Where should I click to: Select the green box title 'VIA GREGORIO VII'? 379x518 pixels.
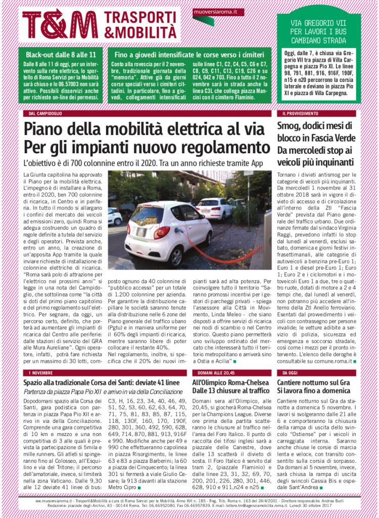[318, 23]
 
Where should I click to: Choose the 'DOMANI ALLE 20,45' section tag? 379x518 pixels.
[215, 372]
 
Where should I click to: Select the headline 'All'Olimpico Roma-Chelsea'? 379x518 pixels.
[230, 382]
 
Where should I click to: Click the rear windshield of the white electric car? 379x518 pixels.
[147, 215]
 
